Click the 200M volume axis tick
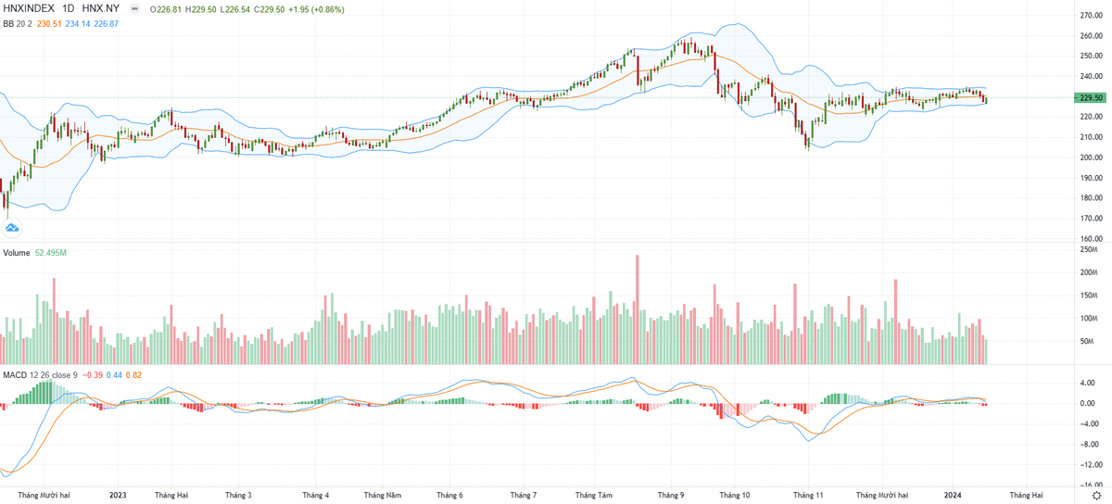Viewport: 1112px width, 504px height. point(1089,272)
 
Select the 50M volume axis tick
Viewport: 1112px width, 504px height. point(1089,342)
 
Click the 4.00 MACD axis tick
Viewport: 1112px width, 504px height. point(1089,383)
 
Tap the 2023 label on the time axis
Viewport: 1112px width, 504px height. point(118,496)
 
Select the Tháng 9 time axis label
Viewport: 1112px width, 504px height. point(670,496)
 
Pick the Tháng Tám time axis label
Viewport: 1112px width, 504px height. point(594,496)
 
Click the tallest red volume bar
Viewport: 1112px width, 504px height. point(638,309)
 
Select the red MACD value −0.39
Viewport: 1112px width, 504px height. point(94,374)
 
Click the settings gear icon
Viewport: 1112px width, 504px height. point(1096,496)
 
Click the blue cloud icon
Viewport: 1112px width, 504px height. point(13,227)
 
